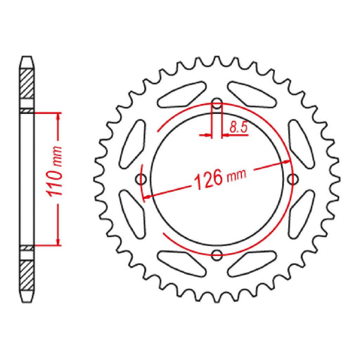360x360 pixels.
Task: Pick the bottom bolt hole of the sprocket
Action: pyautogui.click(x=217, y=254)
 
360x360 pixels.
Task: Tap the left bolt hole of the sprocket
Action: pyautogui.click(x=142, y=179)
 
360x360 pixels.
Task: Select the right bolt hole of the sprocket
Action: pyautogui.click(x=292, y=179)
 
